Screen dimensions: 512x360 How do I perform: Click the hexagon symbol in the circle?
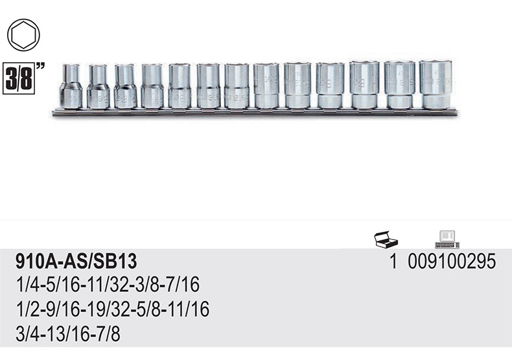[23, 35]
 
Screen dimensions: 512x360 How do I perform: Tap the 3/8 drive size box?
[19, 78]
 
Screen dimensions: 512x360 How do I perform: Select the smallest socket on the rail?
[71, 86]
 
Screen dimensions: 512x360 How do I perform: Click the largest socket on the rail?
[436, 84]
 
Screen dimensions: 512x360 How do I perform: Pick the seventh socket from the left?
[237, 85]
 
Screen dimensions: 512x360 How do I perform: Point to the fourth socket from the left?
[152, 86]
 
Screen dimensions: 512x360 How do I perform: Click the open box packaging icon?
[386, 239]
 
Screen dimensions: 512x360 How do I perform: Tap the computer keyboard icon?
[448, 240]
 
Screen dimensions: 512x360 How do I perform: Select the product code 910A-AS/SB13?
[76, 262]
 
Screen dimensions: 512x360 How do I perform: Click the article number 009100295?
[452, 262]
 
